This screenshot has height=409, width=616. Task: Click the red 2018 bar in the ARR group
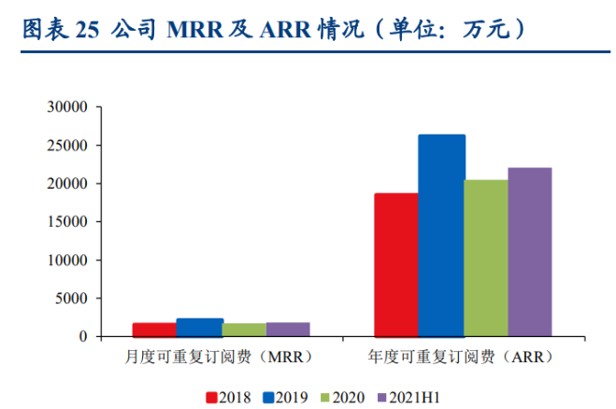(x=396, y=265)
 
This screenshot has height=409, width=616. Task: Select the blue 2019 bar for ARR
(x=442, y=235)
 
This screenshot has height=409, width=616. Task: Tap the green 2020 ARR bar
(x=486, y=259)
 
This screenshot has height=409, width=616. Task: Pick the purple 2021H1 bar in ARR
(x=530, y=252)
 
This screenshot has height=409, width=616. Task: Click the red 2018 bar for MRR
(x=154, y=330)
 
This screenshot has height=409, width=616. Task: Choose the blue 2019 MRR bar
(x=200, y=328)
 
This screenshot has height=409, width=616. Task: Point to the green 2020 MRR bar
(x=244, y=331)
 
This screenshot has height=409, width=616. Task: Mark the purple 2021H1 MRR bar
(x=288, y=330)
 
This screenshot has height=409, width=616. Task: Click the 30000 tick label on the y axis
(x=67, y=106)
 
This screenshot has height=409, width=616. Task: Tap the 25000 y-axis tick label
(x=67, y=146)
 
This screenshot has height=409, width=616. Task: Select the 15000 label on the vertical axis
(x=67, y=221)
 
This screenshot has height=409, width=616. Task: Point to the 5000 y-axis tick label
(x=71, y=298)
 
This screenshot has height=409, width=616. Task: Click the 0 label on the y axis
(x=83, y=336)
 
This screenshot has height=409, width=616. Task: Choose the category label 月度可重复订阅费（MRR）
(x=219, y=357)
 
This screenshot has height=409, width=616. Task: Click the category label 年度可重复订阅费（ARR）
(x=461, y=357)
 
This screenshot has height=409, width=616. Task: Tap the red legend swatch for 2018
(x=211, y=398)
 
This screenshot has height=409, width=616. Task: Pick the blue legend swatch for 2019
(x=268, y=398)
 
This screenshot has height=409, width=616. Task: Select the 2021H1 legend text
(x=414, y=398)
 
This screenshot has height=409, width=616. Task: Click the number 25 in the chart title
(x=87, y=30)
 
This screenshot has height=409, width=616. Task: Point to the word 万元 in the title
(x=487, y=29)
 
